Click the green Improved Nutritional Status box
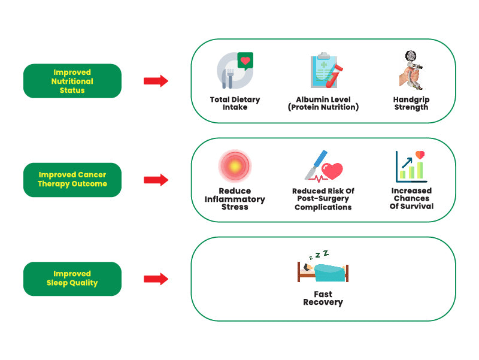[72, 81]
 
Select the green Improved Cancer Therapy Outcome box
[72, 180]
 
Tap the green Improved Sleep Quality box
[72, 279]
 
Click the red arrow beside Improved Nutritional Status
[156, 81]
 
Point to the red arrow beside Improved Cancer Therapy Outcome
[156, 180]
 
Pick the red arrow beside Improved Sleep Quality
[156, 279]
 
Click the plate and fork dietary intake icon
[234, 71]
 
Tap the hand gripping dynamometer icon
[410, 69]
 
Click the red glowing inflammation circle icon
[234, 167]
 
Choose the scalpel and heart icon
[323, 167]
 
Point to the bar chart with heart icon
[410, 165]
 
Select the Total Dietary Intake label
[235, 103]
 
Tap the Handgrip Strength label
[411, 103]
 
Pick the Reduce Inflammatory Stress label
[235, 199]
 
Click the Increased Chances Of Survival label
[411, 198]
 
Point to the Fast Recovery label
[323, 298]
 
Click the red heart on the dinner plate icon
[244, 60]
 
